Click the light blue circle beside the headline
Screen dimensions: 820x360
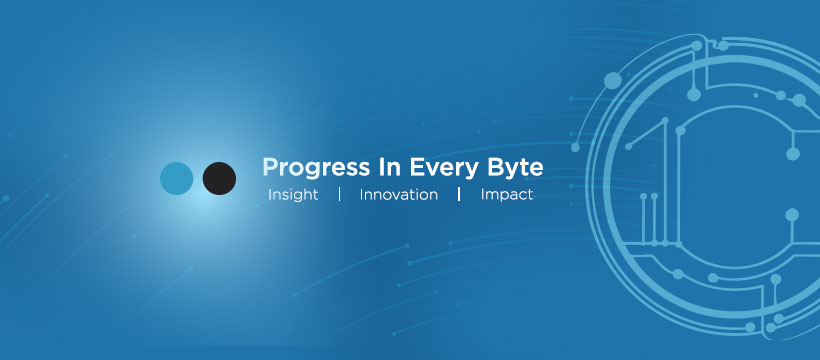(x=176, y=178)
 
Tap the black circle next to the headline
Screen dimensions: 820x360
(x=219, y=178)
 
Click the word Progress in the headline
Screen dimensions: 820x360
(x=315, y=168)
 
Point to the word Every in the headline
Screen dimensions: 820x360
(x=444, y=168)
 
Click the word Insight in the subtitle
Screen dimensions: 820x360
(x=293, y=195)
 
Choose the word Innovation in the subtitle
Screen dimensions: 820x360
(x=398, y=195)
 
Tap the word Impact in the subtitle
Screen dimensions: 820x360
(x=507, y=195)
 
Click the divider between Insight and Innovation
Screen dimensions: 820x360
(x=339, y=195)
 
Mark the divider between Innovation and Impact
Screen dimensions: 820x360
(x=459, y=195)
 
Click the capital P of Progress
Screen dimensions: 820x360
(x=270, y=167)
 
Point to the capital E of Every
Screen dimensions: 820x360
(x=416, y=167)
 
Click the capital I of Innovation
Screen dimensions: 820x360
(x=361, y=195)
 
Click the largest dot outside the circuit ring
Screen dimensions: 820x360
(x=613, y=81)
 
